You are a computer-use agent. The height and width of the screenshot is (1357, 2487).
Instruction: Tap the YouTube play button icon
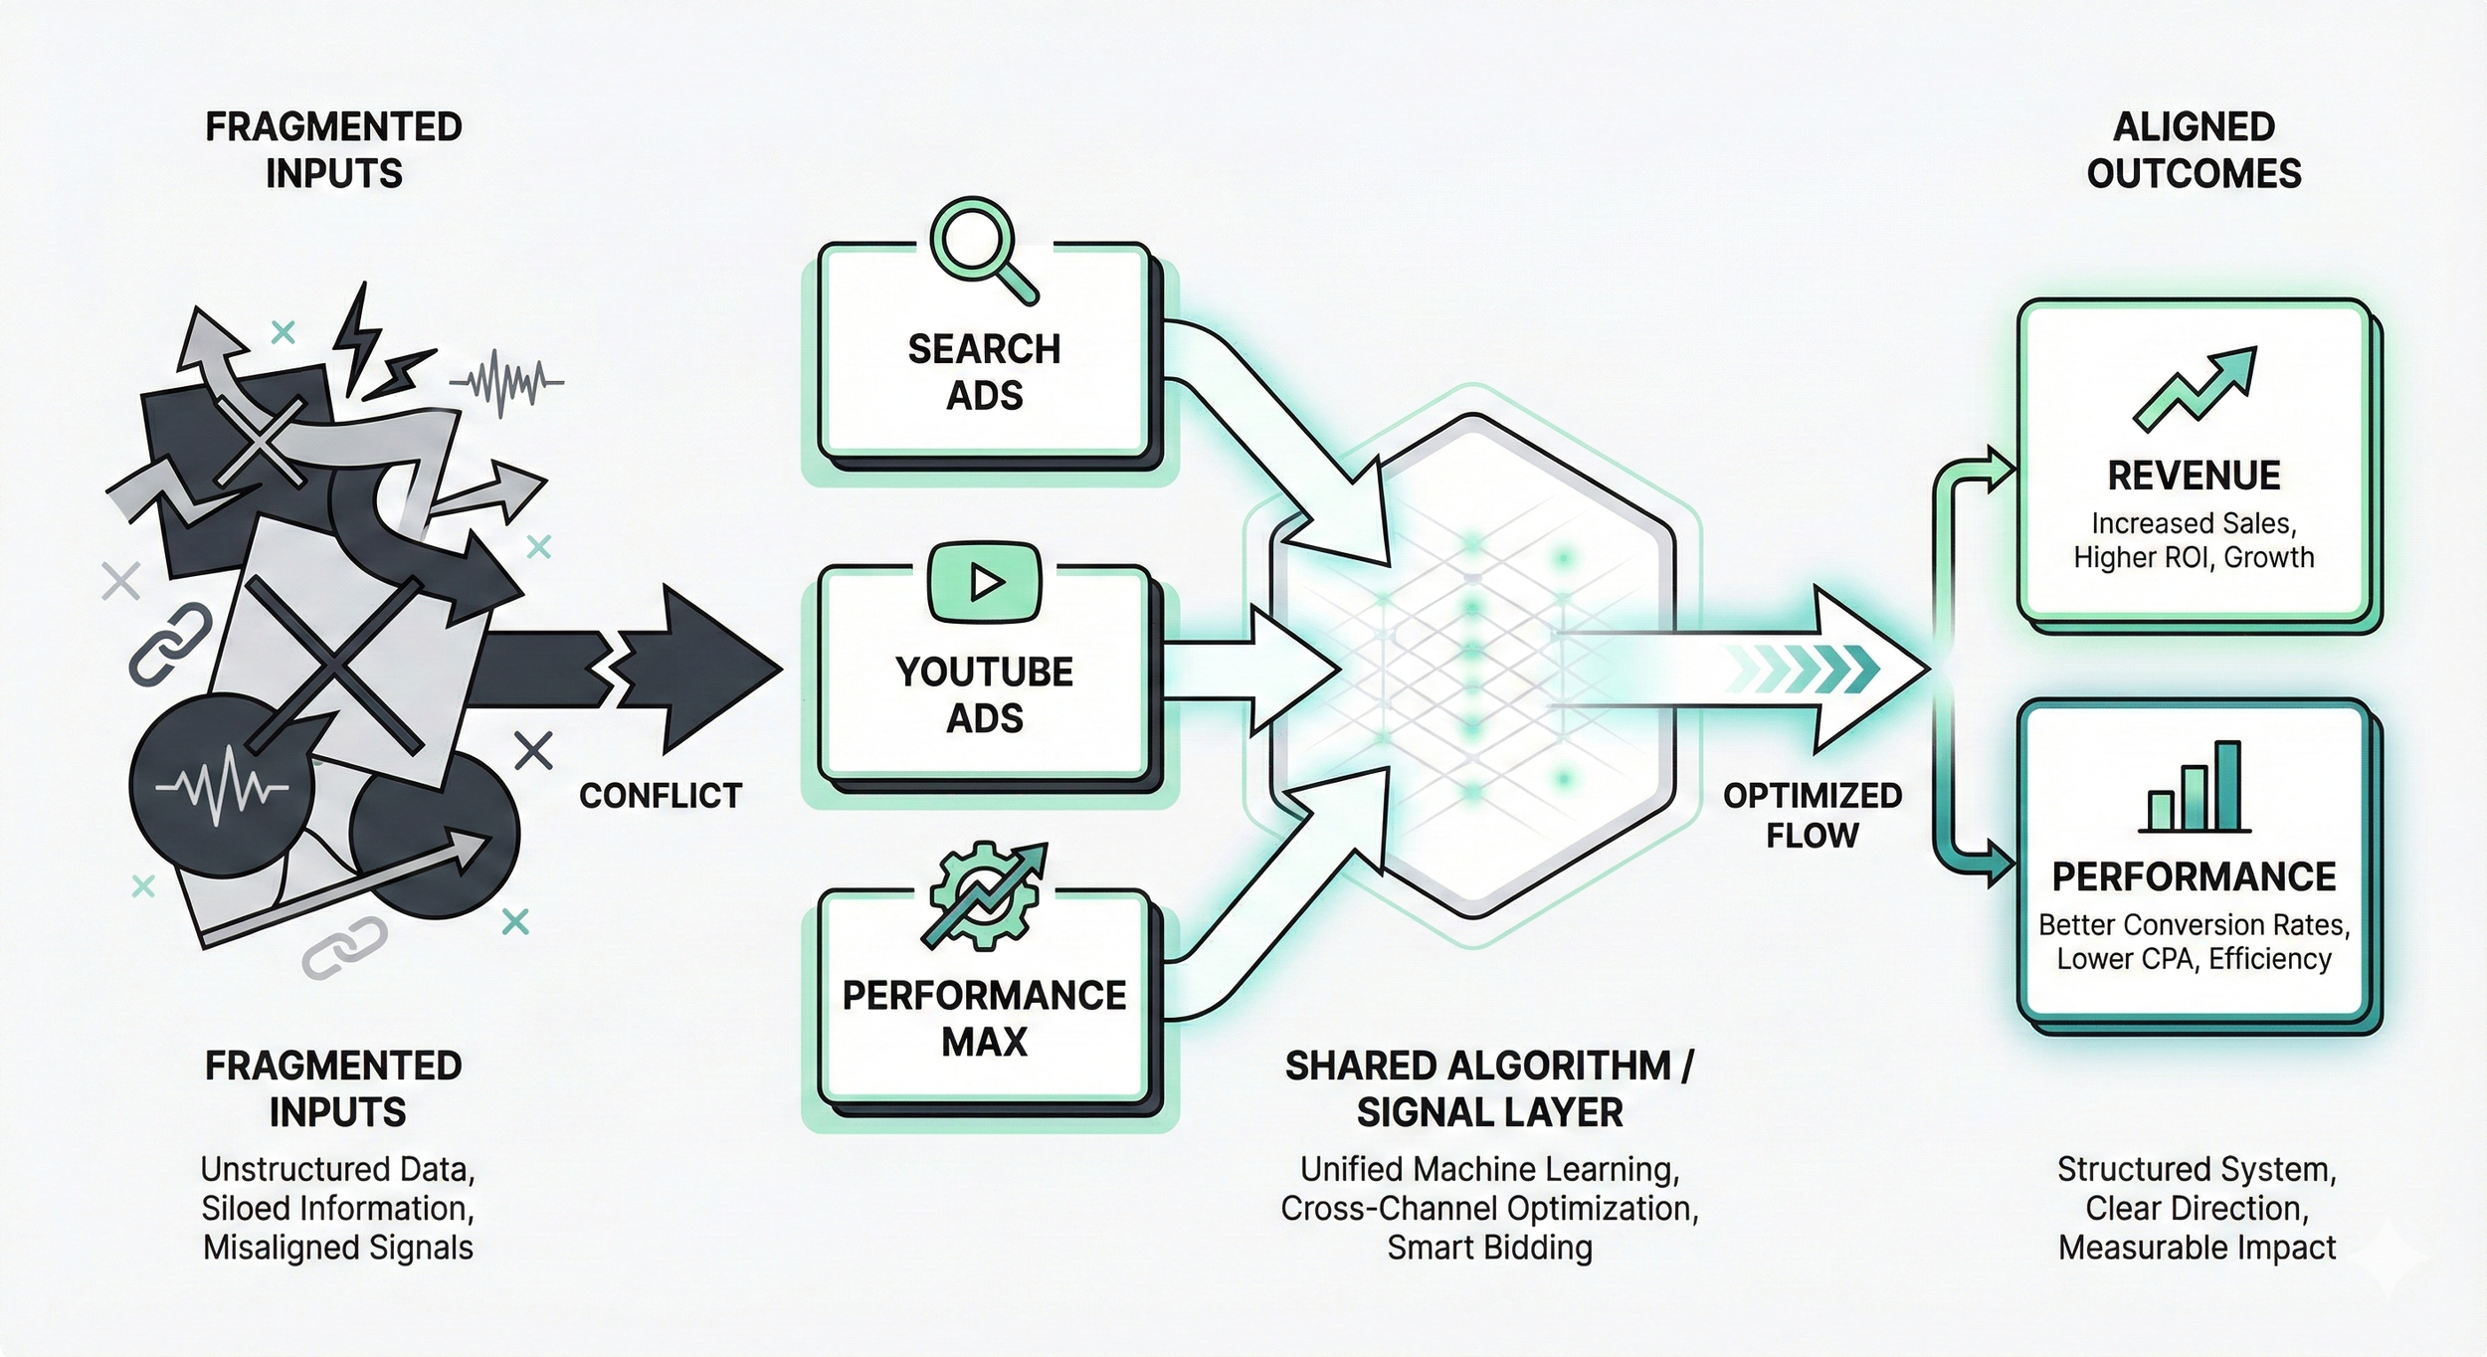[x=984, y=582]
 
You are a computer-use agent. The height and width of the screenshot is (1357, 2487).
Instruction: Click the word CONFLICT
[x=661, y=796]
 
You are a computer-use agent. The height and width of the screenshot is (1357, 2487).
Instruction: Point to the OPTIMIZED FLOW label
[x=1813, y=815]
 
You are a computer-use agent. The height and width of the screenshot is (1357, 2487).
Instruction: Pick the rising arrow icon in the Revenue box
[x=2196, y=388]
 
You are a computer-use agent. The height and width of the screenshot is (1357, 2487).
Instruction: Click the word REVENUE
[x=2194, y=476]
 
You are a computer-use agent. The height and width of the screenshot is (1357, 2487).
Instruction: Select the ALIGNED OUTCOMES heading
[x=2194, y=150]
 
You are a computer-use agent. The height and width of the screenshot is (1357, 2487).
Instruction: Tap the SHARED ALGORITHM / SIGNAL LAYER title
[x=1489, y=1088]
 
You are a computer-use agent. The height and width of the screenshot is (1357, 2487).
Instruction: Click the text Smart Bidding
[x=1489, y=1248]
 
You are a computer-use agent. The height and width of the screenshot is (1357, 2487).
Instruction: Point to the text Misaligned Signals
[x=338, y=1248]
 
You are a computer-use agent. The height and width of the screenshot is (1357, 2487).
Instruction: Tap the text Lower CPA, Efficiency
[x=2194, y=958]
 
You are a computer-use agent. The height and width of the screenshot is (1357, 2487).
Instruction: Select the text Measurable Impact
[x=2197, y=1248]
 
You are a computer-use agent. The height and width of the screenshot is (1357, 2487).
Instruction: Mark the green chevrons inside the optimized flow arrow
[x=1803, y=669]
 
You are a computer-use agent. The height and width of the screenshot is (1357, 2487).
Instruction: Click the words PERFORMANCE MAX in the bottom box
[x=984, y=1018]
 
